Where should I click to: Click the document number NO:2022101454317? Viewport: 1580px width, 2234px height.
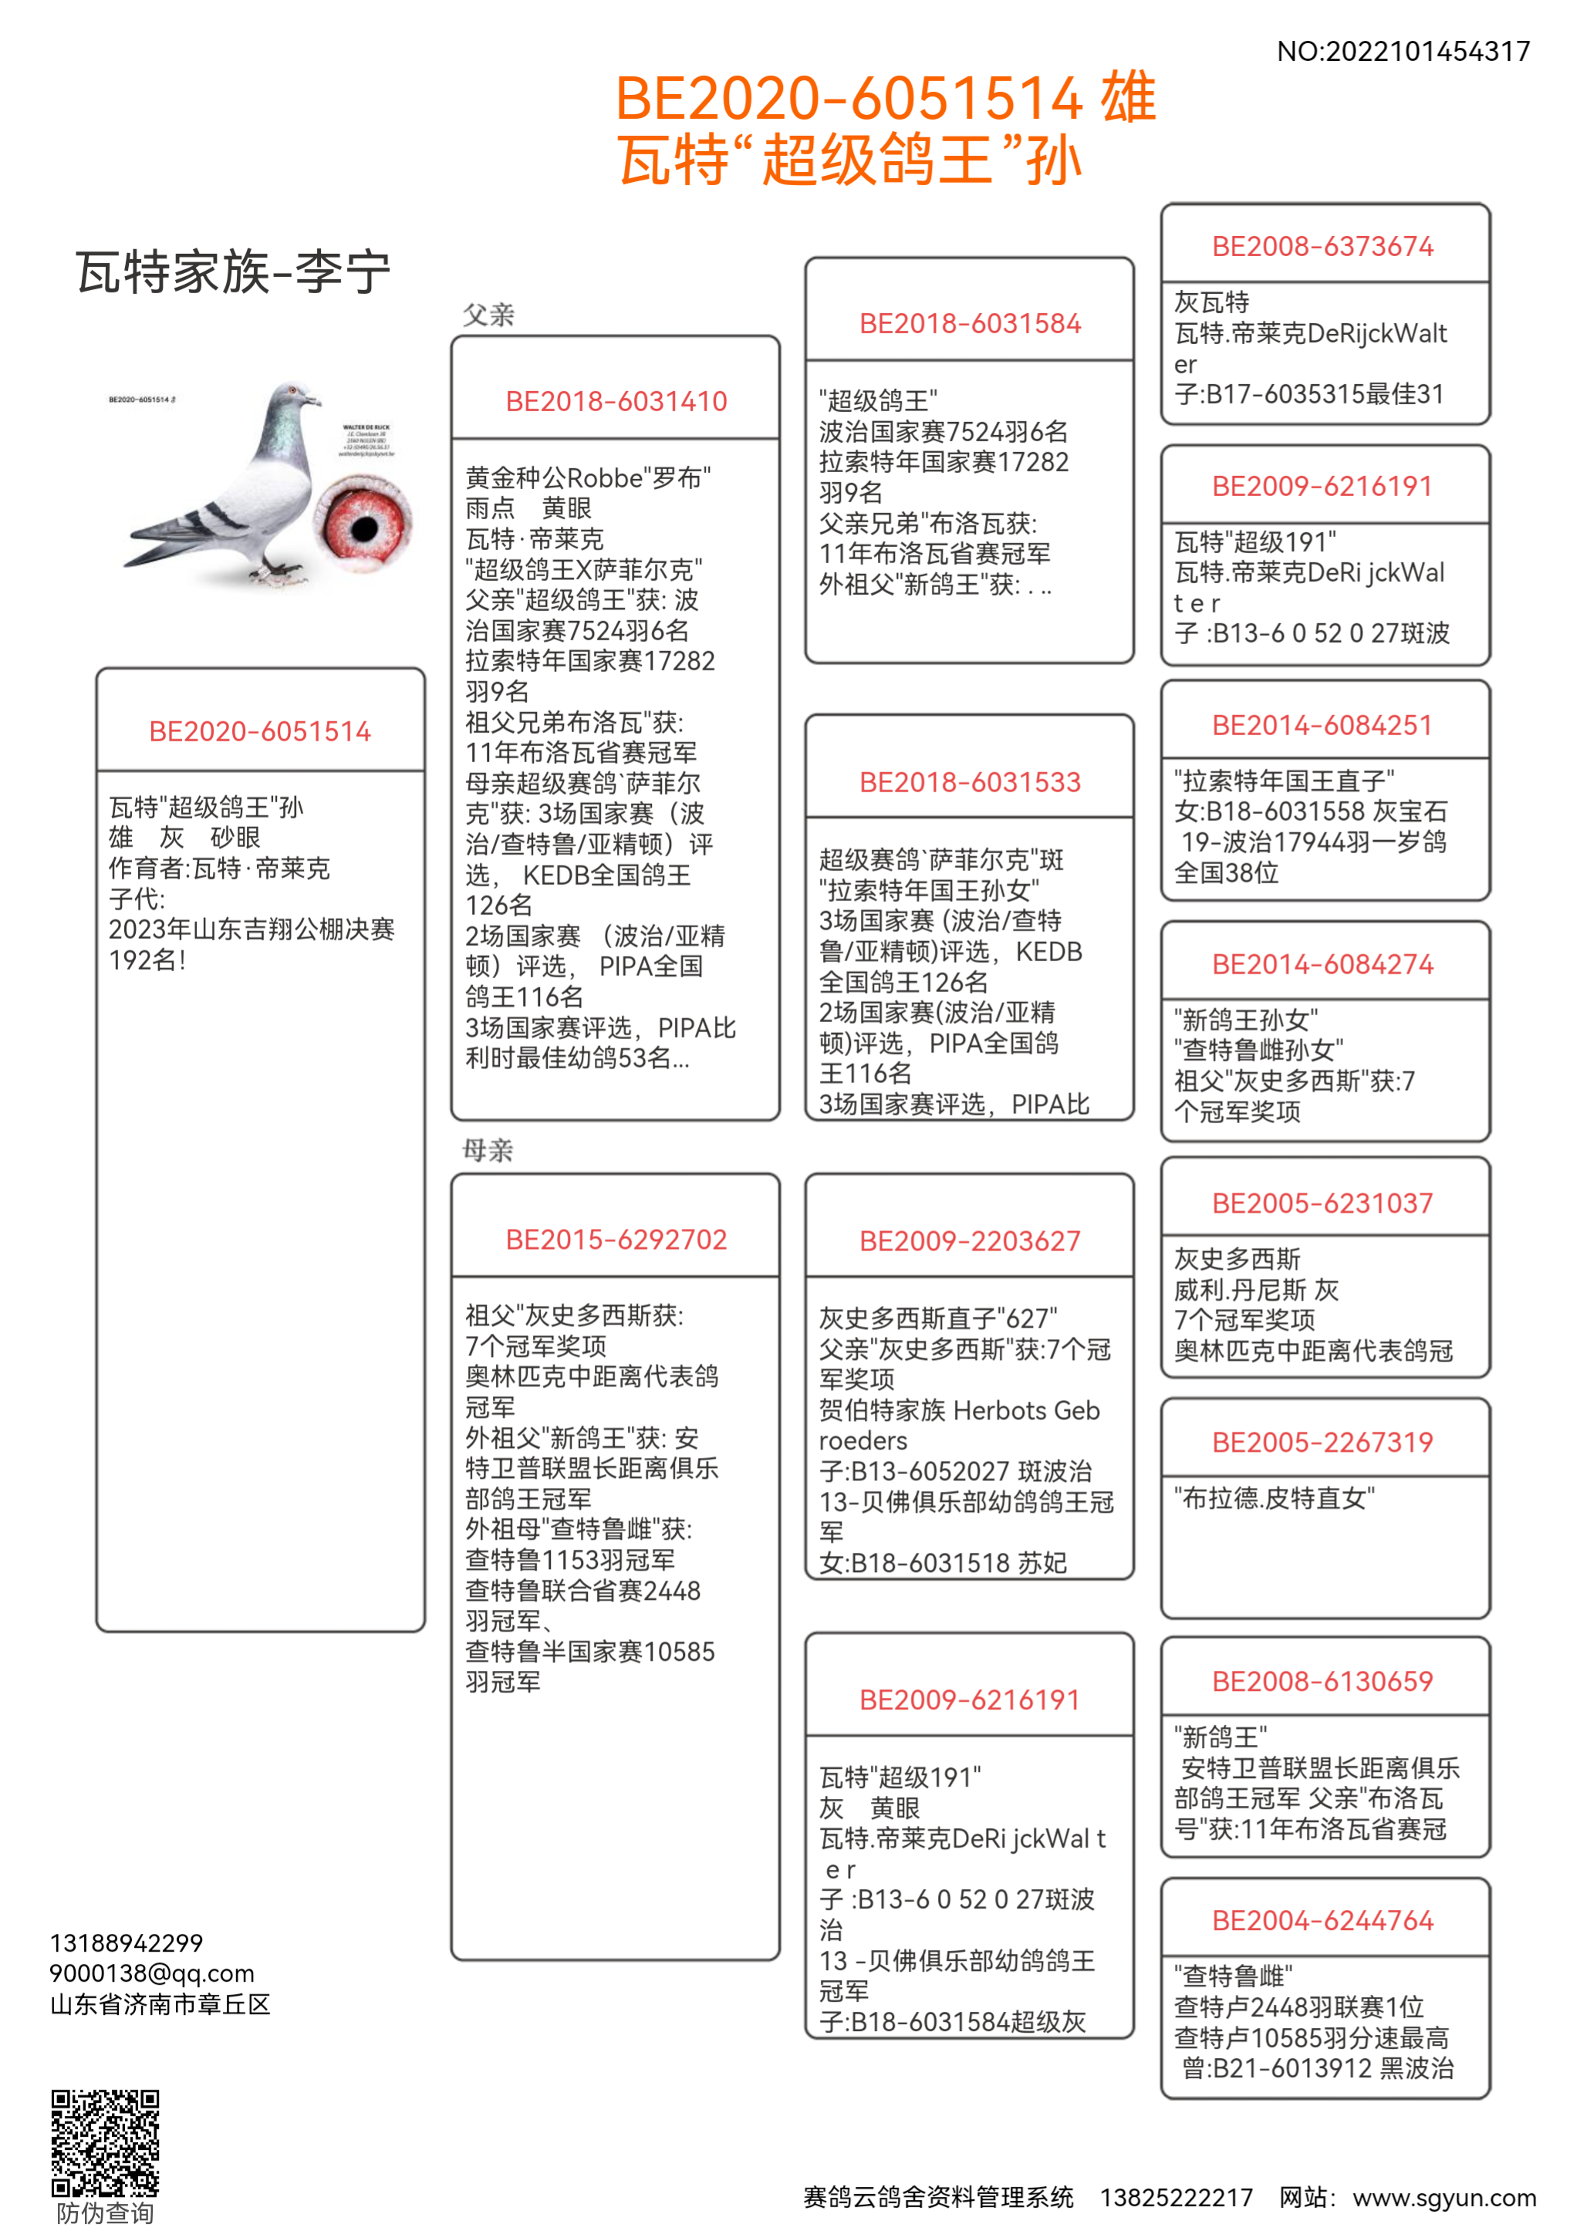pos(1402,52)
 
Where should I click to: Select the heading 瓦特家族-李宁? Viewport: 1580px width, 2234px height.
pos(234,272)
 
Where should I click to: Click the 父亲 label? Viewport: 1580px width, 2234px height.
pos(488,314)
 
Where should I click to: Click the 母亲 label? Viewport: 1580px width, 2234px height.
pos(488,1150)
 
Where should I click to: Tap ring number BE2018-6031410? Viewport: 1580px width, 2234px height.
pos(616,401)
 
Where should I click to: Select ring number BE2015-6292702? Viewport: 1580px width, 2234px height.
pos(616,1239)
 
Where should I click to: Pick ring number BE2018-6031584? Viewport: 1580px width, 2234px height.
pos(969,323)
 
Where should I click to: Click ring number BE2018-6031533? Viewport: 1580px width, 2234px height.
pos(969,781)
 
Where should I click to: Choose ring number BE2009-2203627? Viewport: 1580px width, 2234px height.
pos(969,1240)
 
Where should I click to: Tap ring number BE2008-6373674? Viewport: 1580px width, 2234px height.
pos(1322,246)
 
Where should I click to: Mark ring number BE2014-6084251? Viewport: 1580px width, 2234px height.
pos(1322,725)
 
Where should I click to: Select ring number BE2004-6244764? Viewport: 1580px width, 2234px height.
pos(1322,1921)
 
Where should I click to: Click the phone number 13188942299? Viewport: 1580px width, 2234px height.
pos(127,1943)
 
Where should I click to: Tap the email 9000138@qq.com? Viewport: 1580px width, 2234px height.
pos(152,1973)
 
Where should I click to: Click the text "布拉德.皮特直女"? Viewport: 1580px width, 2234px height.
pos(1274,1497)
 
